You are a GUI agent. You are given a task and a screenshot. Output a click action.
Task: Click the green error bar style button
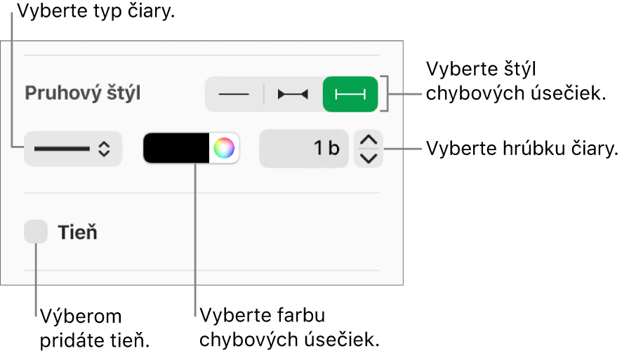(350, 94)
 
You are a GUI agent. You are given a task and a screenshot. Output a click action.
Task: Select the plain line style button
(234, 94)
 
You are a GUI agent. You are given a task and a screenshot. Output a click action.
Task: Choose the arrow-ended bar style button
(293, 94)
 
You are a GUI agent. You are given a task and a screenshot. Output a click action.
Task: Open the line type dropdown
(73, 149)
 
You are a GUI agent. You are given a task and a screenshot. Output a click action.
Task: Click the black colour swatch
(176, 148)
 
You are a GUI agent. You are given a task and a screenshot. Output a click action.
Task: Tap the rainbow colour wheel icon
(224, 148)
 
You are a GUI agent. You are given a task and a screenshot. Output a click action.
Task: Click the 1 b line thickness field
(304, 148)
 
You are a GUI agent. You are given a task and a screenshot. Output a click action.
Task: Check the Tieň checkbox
(36, 232)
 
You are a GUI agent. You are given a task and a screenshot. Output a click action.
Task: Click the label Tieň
(78, 232)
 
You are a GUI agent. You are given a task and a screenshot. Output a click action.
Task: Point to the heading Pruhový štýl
(83, 93)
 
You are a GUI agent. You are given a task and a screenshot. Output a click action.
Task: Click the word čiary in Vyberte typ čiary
(151, 11)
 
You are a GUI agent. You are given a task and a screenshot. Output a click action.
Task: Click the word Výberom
(81, 316)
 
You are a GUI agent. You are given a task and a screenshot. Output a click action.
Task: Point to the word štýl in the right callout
(520, 69)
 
